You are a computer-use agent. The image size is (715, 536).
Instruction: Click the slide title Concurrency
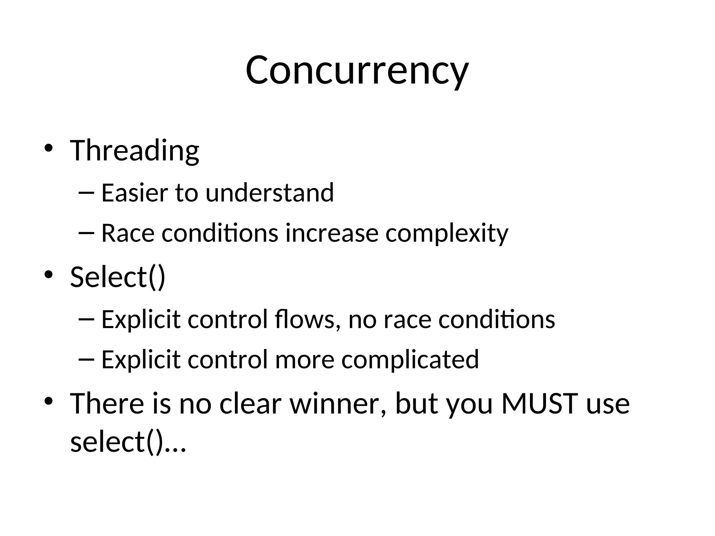click(x=357, y=71)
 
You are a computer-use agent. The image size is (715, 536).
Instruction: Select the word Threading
click(x=134, y=151)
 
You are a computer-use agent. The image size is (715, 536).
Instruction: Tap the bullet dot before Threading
click(x=48, y=148)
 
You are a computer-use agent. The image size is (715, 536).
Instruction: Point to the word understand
click(x=270, y=193)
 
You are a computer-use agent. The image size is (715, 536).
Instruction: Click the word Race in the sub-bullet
click(x=128, y=233)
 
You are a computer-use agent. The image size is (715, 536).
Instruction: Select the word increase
click(x=332, y=233)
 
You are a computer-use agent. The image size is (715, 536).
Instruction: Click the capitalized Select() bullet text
click(x=118, y=277)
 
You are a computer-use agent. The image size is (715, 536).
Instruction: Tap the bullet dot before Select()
click(x=48, y=275)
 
